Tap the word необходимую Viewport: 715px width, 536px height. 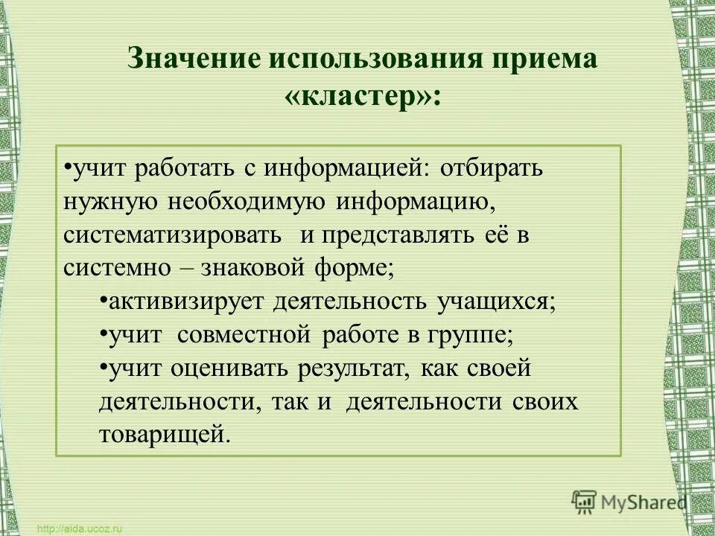[x=251, y=202]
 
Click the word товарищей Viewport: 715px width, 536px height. [x=162, y=435]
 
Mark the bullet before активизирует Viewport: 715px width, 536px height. [x=102, y=300]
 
